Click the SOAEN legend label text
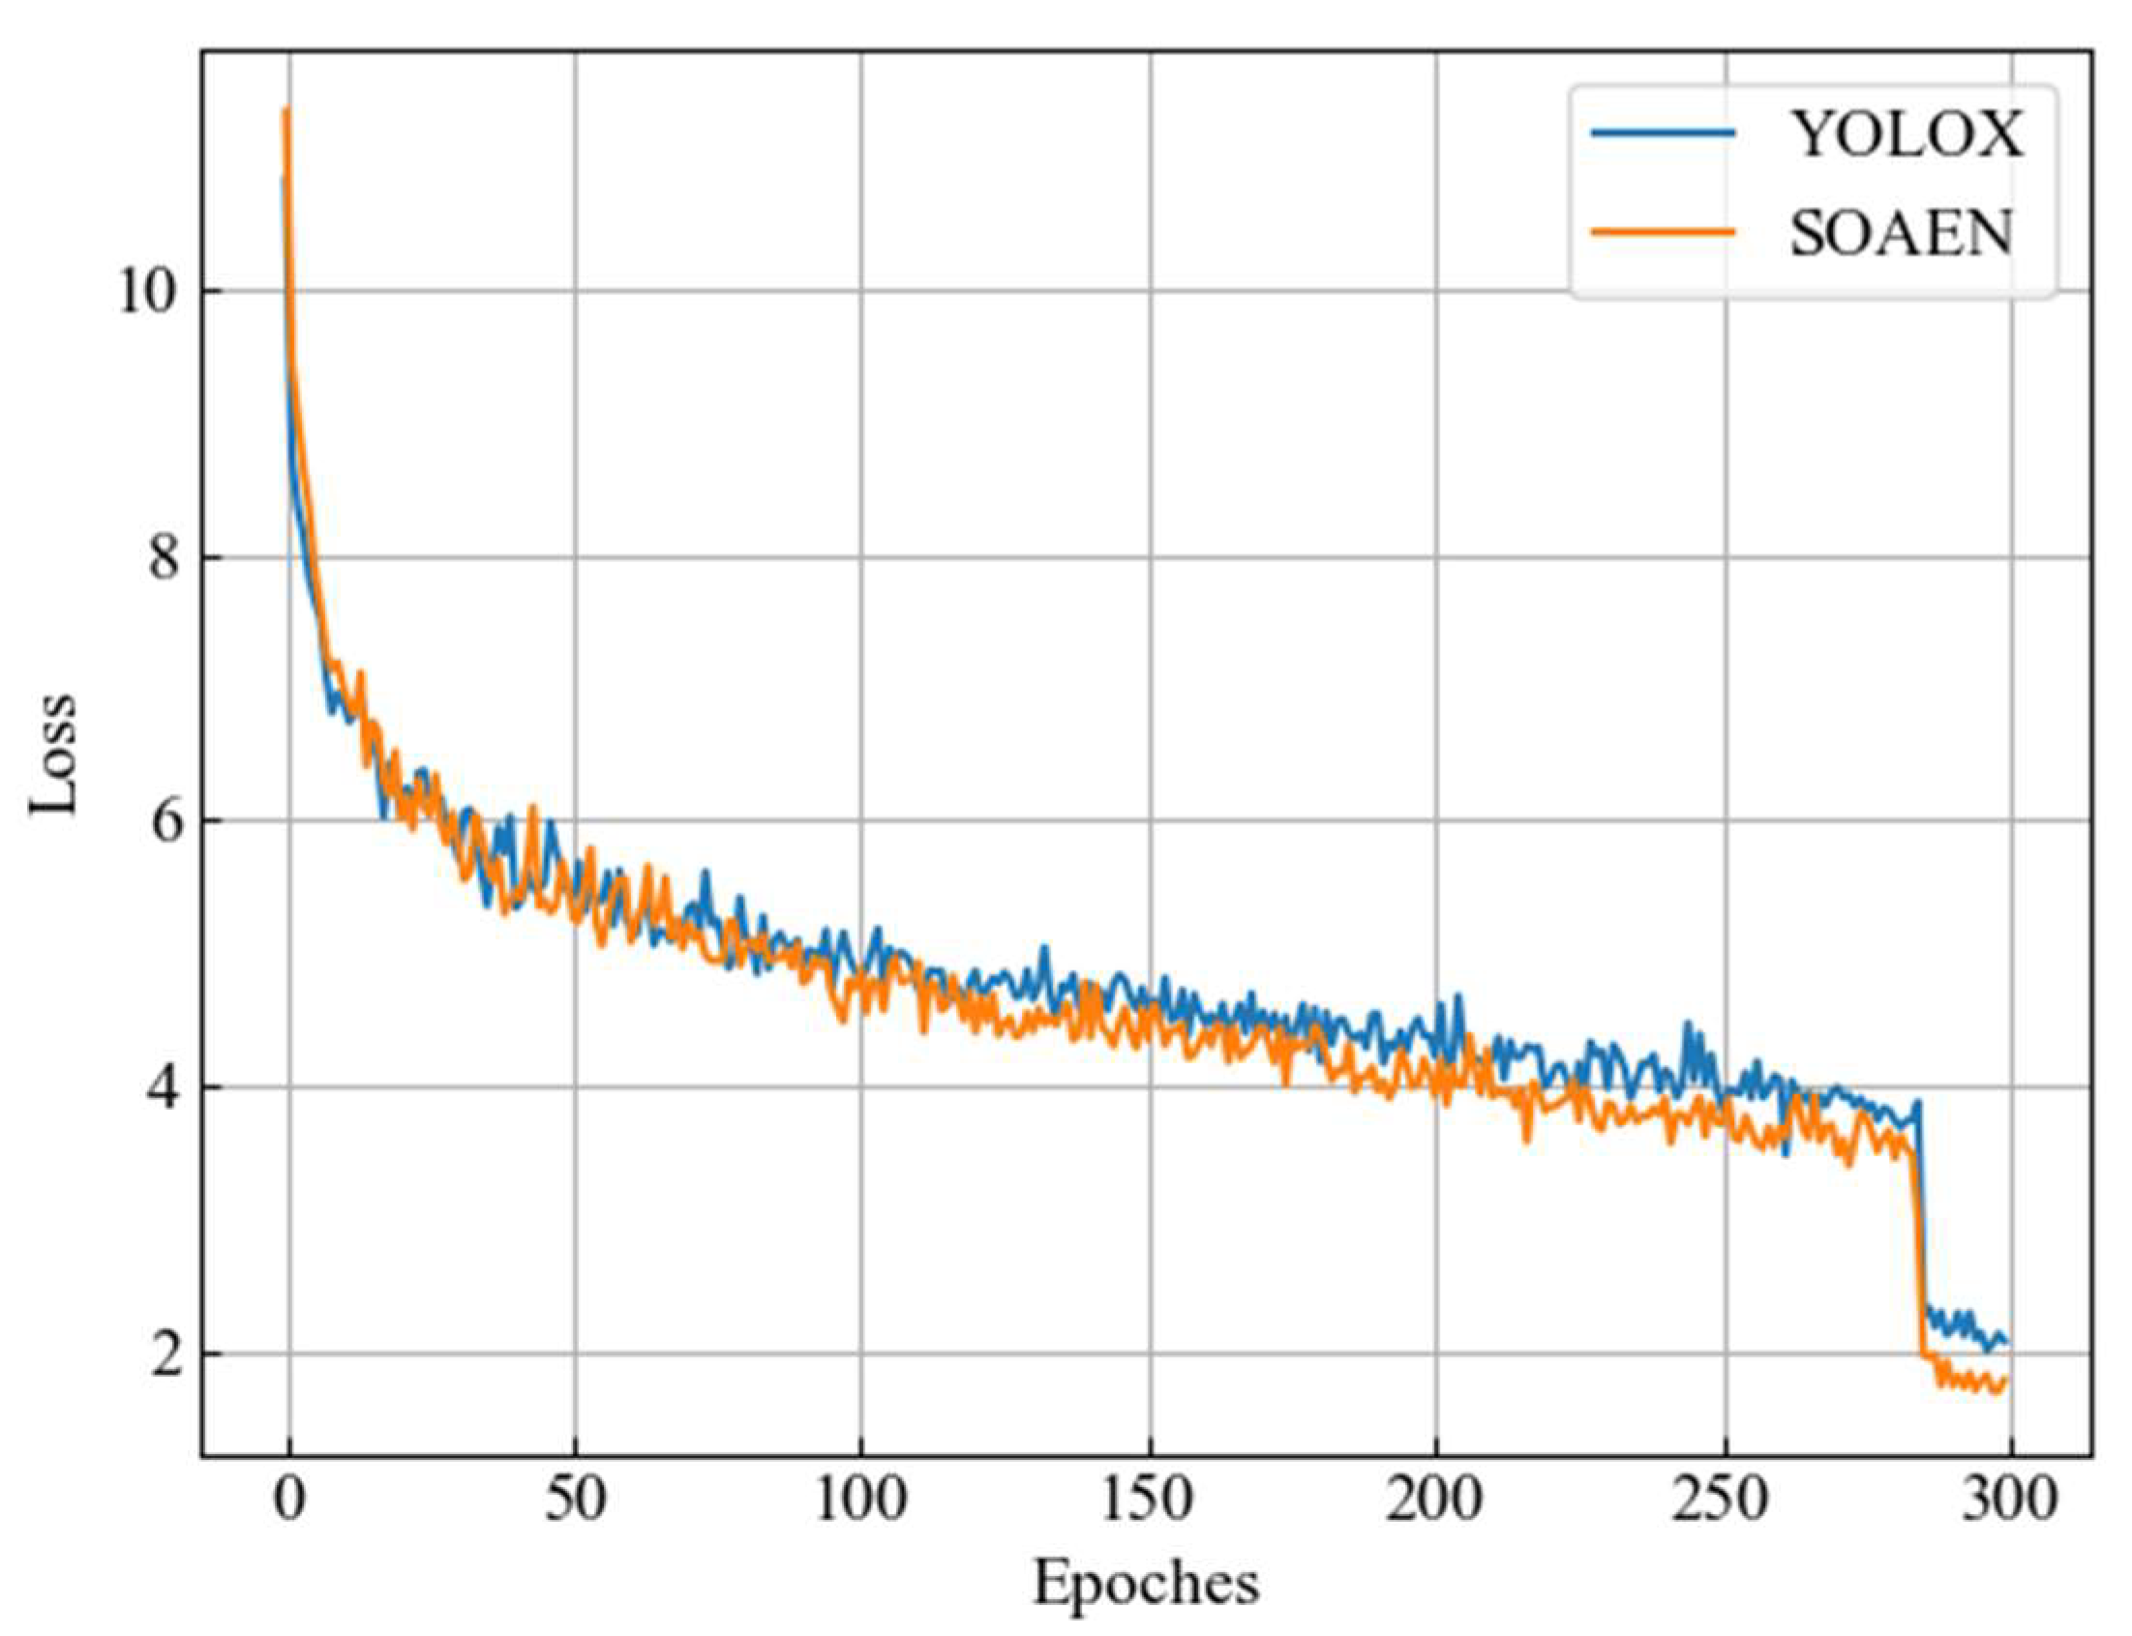[x=1900, y=234]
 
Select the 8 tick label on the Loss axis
[x=165, y=558]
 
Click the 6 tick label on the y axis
[x=165, y=822]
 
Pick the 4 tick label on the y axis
[x=165, y=1086]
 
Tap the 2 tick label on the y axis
[x=165, y=1353]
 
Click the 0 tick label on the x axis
[x=288, y=1501]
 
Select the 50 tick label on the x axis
[x=575, y=1501]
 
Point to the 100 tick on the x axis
[x=861, y=1501]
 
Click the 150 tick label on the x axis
[x=1149, y=1501]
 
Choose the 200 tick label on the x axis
[x=1434, y=1501]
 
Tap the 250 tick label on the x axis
[x=1721, y=1501]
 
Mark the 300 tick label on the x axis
[x=2009, y=1501]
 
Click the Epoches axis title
[x=1146, y=1586]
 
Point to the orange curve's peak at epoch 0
[x=286, y=109]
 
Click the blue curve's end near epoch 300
[x=2006, y=1343]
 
